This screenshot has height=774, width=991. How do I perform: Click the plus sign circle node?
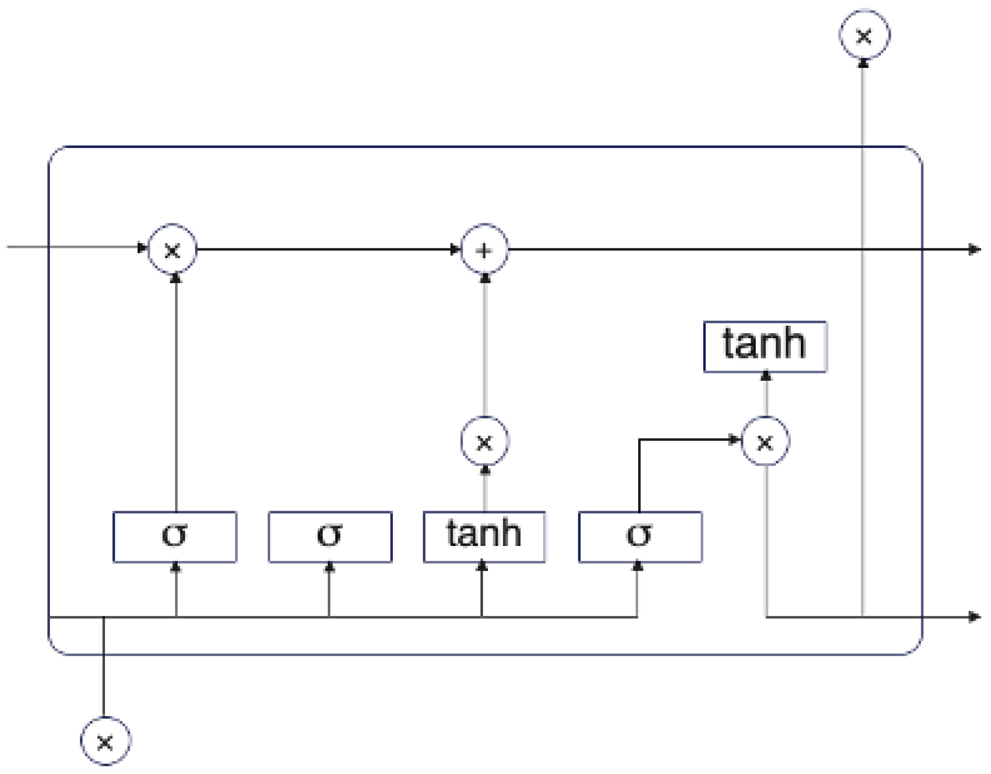point(484,250)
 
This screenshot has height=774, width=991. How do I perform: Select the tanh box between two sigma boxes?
point(484,537)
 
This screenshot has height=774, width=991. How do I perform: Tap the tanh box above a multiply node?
point(764,346)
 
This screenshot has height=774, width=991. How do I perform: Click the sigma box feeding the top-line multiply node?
point(175,537)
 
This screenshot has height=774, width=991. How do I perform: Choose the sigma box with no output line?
point(330,537)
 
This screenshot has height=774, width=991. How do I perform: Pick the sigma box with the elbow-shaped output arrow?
point(640,537)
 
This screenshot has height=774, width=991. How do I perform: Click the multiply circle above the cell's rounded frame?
point(864,36)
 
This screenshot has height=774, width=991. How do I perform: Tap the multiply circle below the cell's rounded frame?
point(105,741)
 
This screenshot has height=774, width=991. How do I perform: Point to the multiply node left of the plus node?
point(173,250)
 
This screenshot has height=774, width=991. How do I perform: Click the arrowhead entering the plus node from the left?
point(455,250)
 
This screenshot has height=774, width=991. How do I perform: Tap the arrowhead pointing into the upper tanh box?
point(765,376)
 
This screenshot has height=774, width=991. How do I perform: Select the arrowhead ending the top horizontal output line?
point(974,250)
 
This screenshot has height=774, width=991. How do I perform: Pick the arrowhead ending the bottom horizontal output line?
point(974,617)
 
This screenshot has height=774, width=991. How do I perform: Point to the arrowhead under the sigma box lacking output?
point(329,567)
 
